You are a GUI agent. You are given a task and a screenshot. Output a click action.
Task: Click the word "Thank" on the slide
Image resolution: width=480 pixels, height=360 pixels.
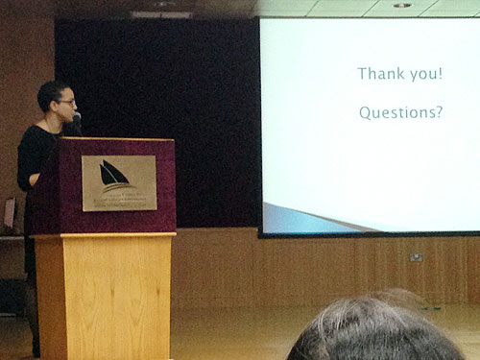[379, 74]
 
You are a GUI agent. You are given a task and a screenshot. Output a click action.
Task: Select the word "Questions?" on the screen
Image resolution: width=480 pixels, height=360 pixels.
[400, 113]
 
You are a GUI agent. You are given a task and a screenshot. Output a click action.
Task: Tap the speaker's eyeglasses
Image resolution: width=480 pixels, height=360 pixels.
[65, 102]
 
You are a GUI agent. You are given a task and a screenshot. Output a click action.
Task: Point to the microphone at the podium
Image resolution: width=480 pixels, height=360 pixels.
[77, 120]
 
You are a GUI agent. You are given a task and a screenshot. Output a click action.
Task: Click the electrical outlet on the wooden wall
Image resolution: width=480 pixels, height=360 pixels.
[417, 256]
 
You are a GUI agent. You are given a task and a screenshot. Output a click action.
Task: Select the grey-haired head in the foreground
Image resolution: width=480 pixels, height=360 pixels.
[374, 331]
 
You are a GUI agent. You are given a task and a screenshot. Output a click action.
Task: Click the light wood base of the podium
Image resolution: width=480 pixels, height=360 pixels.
[105, 293]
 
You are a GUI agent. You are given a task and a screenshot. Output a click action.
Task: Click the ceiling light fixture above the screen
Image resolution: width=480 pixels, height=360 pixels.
[402, 5]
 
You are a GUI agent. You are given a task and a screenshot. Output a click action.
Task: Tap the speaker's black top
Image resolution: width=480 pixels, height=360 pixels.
[36, 154]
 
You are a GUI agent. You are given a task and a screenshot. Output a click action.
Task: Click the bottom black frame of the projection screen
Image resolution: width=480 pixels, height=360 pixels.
[370, 233]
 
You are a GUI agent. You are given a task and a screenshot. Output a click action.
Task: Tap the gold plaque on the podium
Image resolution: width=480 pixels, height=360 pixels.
[119, 182]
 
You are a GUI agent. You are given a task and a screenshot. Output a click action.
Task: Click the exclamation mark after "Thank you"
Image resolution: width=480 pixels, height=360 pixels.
[441, 74]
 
